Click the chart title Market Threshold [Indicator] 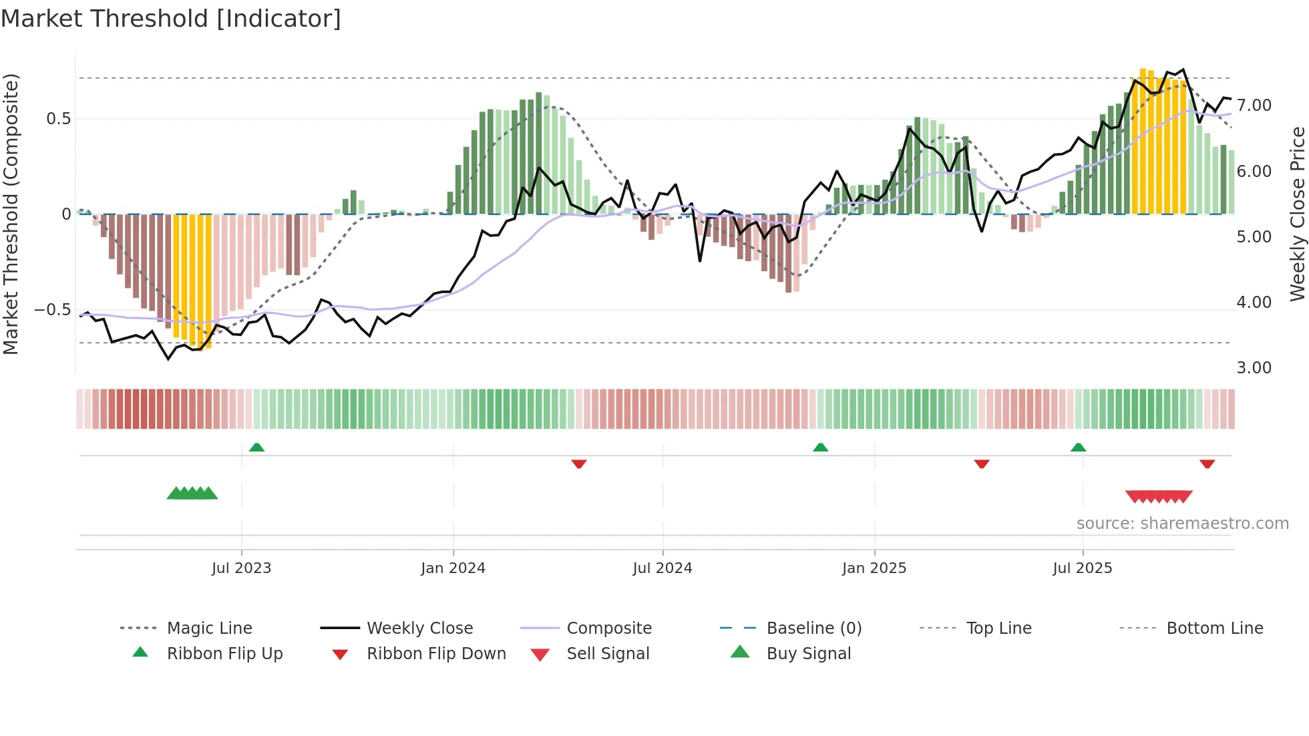171,19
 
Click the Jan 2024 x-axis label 453,568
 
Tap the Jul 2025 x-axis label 1082,568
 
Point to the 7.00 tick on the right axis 1254,106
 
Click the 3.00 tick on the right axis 1254,368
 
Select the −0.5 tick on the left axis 52,310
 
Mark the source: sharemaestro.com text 1182,524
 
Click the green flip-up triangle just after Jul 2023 256,447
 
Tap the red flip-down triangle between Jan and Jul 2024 579,464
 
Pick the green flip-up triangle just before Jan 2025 820,447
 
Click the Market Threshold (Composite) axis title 11,214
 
